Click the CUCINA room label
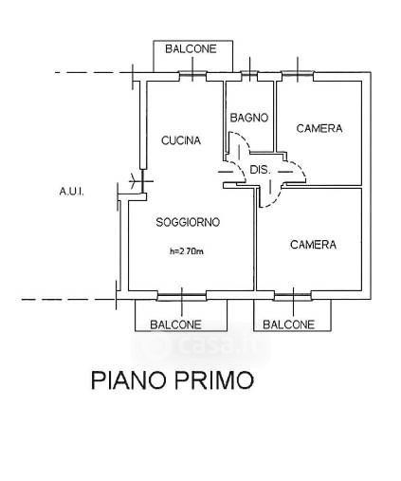click(181, 140)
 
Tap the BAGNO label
click(249, 118)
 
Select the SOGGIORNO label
click(188, 222)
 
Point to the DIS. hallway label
click(261, 170)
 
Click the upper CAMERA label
click(319, 128)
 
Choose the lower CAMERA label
click(313, 245)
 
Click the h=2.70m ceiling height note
click(187, 251)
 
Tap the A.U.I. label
click(72, 192)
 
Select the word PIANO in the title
click(129, 380)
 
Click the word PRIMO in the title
click(214, 380)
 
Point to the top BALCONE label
click(191, 48)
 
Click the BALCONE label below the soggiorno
click(175, 324)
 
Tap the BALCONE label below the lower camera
click(289, 324)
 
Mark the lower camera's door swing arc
click(274, 200)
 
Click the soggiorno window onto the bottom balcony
click(182, 295)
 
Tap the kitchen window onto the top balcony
click(192, 76)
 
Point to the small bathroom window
click(249, 74)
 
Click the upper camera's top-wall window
click(298, 74)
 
